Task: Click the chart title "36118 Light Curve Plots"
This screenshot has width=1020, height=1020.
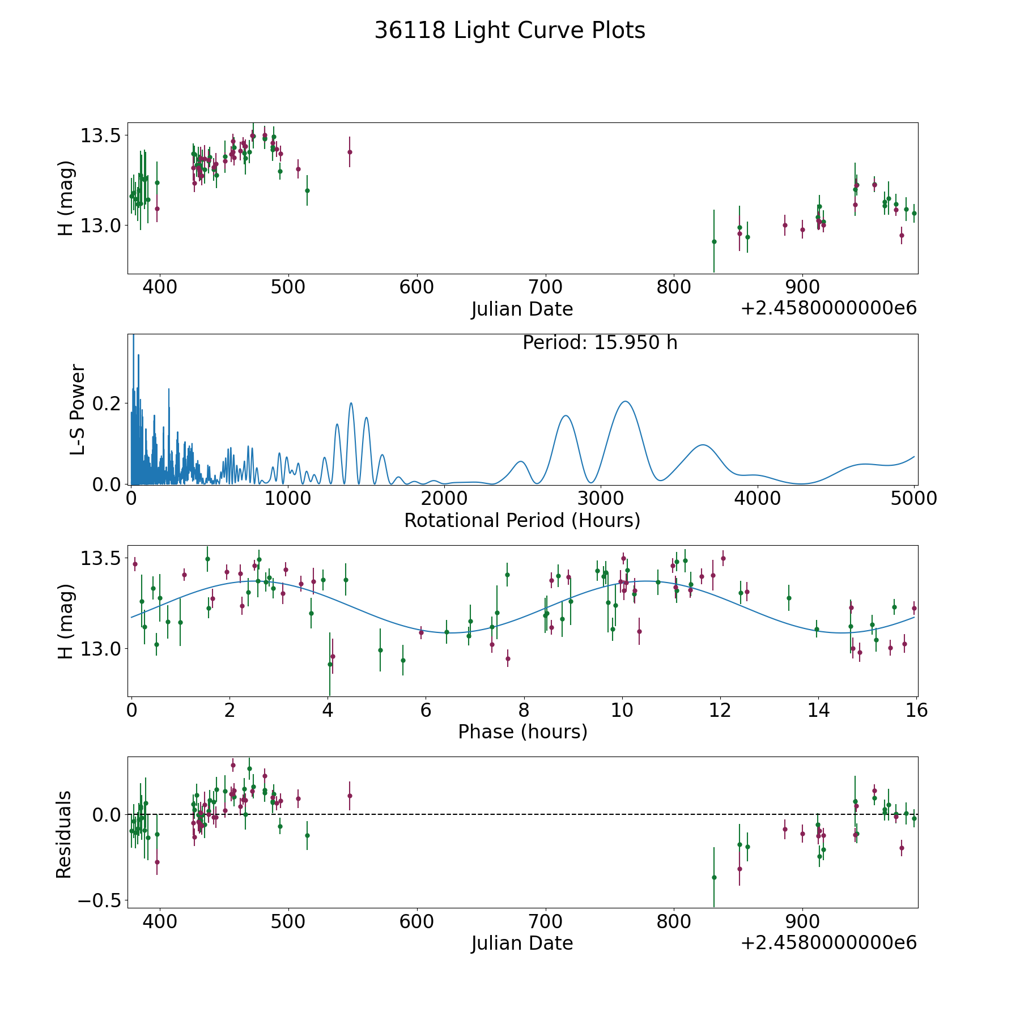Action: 509,31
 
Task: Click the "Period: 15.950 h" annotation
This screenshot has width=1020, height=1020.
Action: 600,343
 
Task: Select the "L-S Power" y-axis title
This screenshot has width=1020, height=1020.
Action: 78,410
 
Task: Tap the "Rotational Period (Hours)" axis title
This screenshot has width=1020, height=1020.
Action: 522,520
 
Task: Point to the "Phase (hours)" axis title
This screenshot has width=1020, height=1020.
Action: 522,732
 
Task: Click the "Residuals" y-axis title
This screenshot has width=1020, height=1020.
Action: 64,834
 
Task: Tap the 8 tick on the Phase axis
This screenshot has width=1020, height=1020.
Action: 524,710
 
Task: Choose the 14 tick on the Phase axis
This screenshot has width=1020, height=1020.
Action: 819,710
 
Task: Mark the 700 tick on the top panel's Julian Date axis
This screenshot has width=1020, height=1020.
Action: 545,287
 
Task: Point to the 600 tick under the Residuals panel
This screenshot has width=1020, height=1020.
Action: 416,921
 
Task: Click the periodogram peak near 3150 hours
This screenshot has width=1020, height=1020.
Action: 625,402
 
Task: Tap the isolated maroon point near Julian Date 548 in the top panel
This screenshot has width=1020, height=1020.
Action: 350,152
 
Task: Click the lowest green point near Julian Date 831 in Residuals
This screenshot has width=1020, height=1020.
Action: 714,878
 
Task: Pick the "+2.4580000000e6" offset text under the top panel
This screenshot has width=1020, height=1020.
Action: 828,309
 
